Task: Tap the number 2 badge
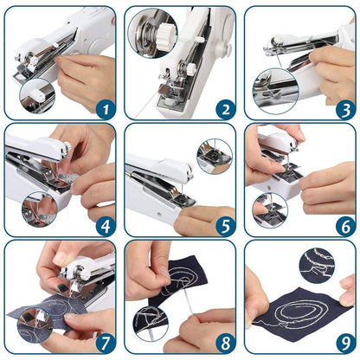(223, 108)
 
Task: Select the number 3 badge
(344, 108)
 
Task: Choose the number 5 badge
(223, 227)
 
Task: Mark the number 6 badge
(344, 227)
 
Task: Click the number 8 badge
(223, 344)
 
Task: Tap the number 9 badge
(344, 344)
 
